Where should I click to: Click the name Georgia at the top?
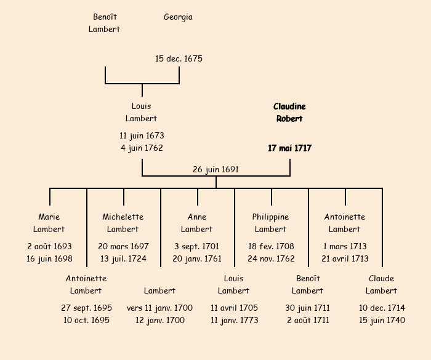pyautogui.click(x=178, y=17)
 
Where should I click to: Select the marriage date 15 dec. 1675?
pyautogui.click(x=179, y=59)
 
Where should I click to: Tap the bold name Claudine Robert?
pyautogui.click(x=289, y=113)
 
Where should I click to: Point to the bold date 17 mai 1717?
pyautogui.click(x=289, y=148)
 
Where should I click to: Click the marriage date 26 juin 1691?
pyautogui.click(x=216, y=169)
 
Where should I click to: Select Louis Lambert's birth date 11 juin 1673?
pyautogui.click(x=142, y=135)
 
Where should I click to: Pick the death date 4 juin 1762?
pyautogui.click(x=142, y=148)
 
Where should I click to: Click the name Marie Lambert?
pyautogui.click(x=49, y=223)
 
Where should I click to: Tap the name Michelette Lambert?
pyautogui.click(x=123, y=223)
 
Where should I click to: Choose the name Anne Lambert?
pyautogui.click(x=197, y=223)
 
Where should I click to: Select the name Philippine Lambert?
pyautogui.click(x=271, y=223)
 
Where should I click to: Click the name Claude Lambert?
pyautogui.click(x=382, y=284)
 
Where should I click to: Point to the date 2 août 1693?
pyautogui.click(x=49, y=246)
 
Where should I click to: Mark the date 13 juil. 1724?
pyautogui.click(x=123, y=258)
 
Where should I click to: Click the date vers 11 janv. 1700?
pyautogui.click(x=160, y=308)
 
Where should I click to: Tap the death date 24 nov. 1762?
pyautogui.click(x=271, y=258)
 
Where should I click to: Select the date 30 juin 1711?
pyautogui.click(x=308, y=308)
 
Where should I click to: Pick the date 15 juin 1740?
pyautogui.click(x=382, y=320)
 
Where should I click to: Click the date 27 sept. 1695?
pyautogui.click(x=86, y=308)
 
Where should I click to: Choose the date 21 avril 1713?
pyautogui.click(x=345, y=258)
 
